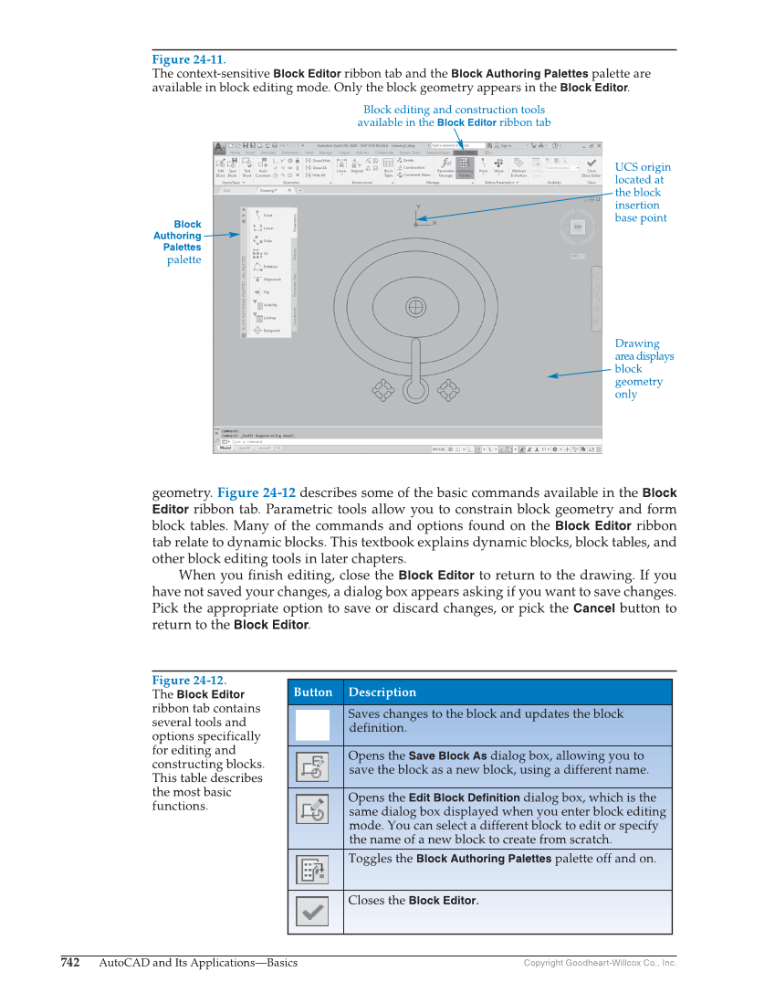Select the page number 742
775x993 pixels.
(x=70, y=963)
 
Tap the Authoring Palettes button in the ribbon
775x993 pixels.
(x=465, y=165)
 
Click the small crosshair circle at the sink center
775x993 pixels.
(x=416, y=306)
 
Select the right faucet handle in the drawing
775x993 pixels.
(x=447, y=391)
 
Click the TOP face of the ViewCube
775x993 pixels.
(x=577, y=226)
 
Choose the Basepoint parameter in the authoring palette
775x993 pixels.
(x=271, y=331)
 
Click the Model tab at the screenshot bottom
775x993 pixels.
(x=225, y=449)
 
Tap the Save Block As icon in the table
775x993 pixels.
(x=313, y=766)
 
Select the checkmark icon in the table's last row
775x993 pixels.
(x=313, y=911)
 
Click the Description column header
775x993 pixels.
(x=382, y=692)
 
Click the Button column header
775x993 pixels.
(x=313, y=692)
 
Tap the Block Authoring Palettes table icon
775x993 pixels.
(x=313, y=869)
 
